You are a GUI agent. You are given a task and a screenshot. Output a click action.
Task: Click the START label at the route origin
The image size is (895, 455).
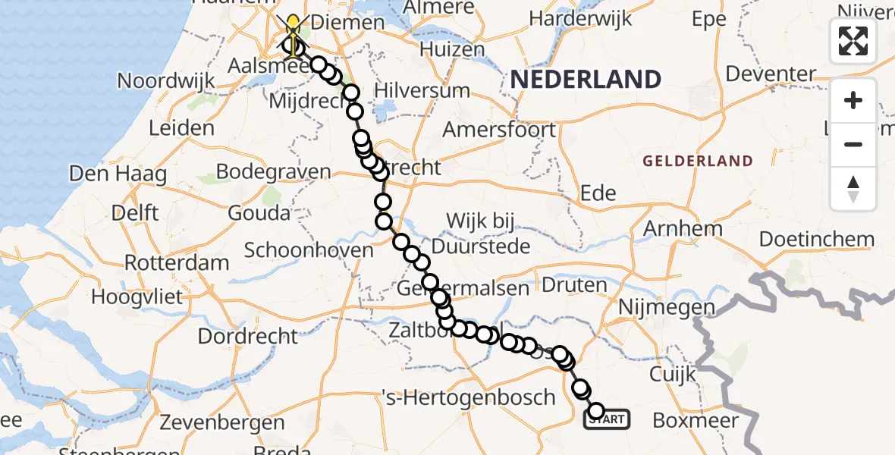tap(607, 419)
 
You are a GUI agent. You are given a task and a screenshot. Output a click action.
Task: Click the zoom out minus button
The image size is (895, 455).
tap(853, 144)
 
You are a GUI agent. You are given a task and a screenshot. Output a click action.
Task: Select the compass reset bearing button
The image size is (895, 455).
tap(853, 188)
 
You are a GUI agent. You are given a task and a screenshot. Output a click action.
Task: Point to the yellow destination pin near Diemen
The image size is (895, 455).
tap(293, 29)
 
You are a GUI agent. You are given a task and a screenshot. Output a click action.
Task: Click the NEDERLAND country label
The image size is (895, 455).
tap(586, 79)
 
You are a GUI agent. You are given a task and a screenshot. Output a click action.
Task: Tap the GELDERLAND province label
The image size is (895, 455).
tap(698, 161)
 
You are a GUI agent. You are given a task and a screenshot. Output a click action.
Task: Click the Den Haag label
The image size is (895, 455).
tap(118, 174)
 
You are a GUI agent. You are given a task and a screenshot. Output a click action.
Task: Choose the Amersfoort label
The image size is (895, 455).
tap(499, 130)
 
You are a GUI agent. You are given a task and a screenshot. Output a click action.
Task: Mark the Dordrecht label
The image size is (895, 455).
tap(248, 334)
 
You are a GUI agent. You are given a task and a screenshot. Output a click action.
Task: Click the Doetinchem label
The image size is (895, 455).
tap(817, 240)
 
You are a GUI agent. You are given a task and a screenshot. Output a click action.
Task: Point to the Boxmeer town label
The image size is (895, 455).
tap(696, 420)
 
